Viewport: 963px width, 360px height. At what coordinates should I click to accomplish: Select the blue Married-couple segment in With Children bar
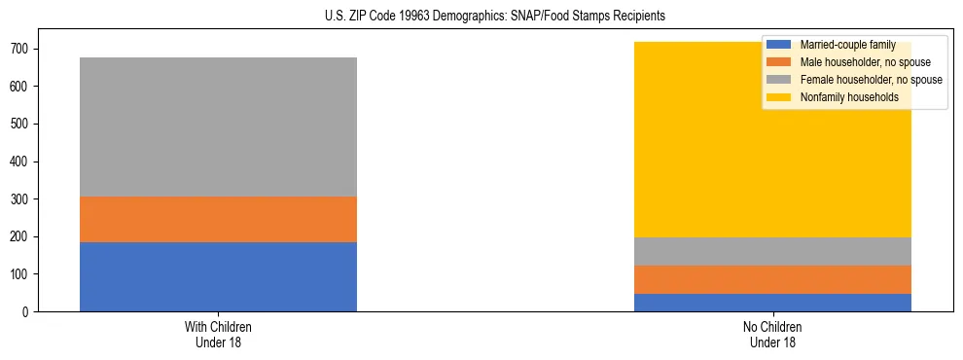[x=218, y=276]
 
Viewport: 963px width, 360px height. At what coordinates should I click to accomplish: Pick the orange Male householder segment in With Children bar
[x=218, y=219]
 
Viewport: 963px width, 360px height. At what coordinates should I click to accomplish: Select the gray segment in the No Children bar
[x=772, y=251]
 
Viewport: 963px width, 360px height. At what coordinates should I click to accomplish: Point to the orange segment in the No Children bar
[x=772, y=279]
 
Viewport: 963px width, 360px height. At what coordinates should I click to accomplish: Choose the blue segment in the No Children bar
[x=772, y=303]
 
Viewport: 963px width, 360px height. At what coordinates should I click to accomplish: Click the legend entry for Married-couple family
[x=847, y=45]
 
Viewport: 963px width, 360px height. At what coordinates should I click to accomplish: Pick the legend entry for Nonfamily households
[x=848, y=97]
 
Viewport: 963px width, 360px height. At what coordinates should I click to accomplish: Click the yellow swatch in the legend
[x=779, y=97]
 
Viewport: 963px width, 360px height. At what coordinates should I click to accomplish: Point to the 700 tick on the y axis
[x=23, y=49]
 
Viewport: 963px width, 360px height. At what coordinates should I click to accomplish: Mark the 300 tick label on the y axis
[x=23, y=199]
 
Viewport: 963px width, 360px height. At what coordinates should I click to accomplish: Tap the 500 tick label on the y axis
[x=23, y=124]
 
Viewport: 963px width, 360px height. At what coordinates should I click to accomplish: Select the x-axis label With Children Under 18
[x=218, y=334]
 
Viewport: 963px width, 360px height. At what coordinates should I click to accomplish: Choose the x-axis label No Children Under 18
[x=772, y=334]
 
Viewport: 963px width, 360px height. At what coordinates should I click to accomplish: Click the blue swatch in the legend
[x=779, y=45]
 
